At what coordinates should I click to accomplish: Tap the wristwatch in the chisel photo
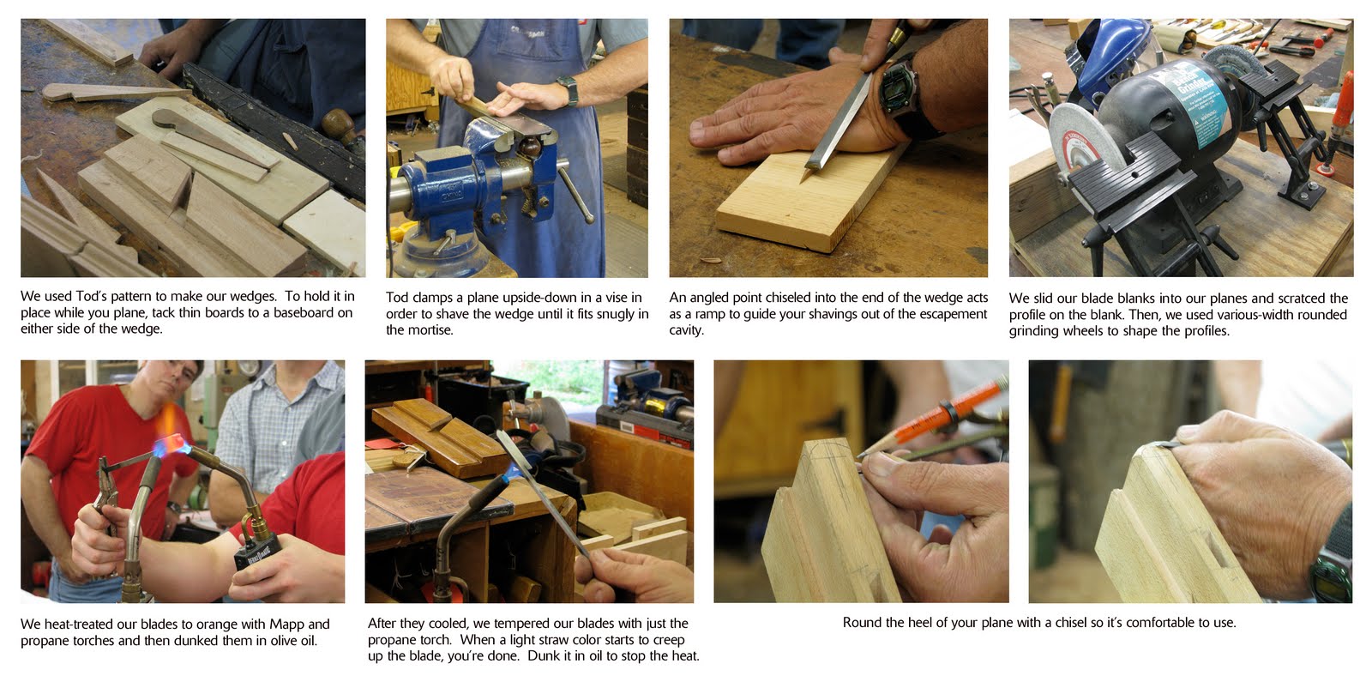coord(899,92)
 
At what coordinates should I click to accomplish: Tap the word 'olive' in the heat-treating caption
coord(282,640)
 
